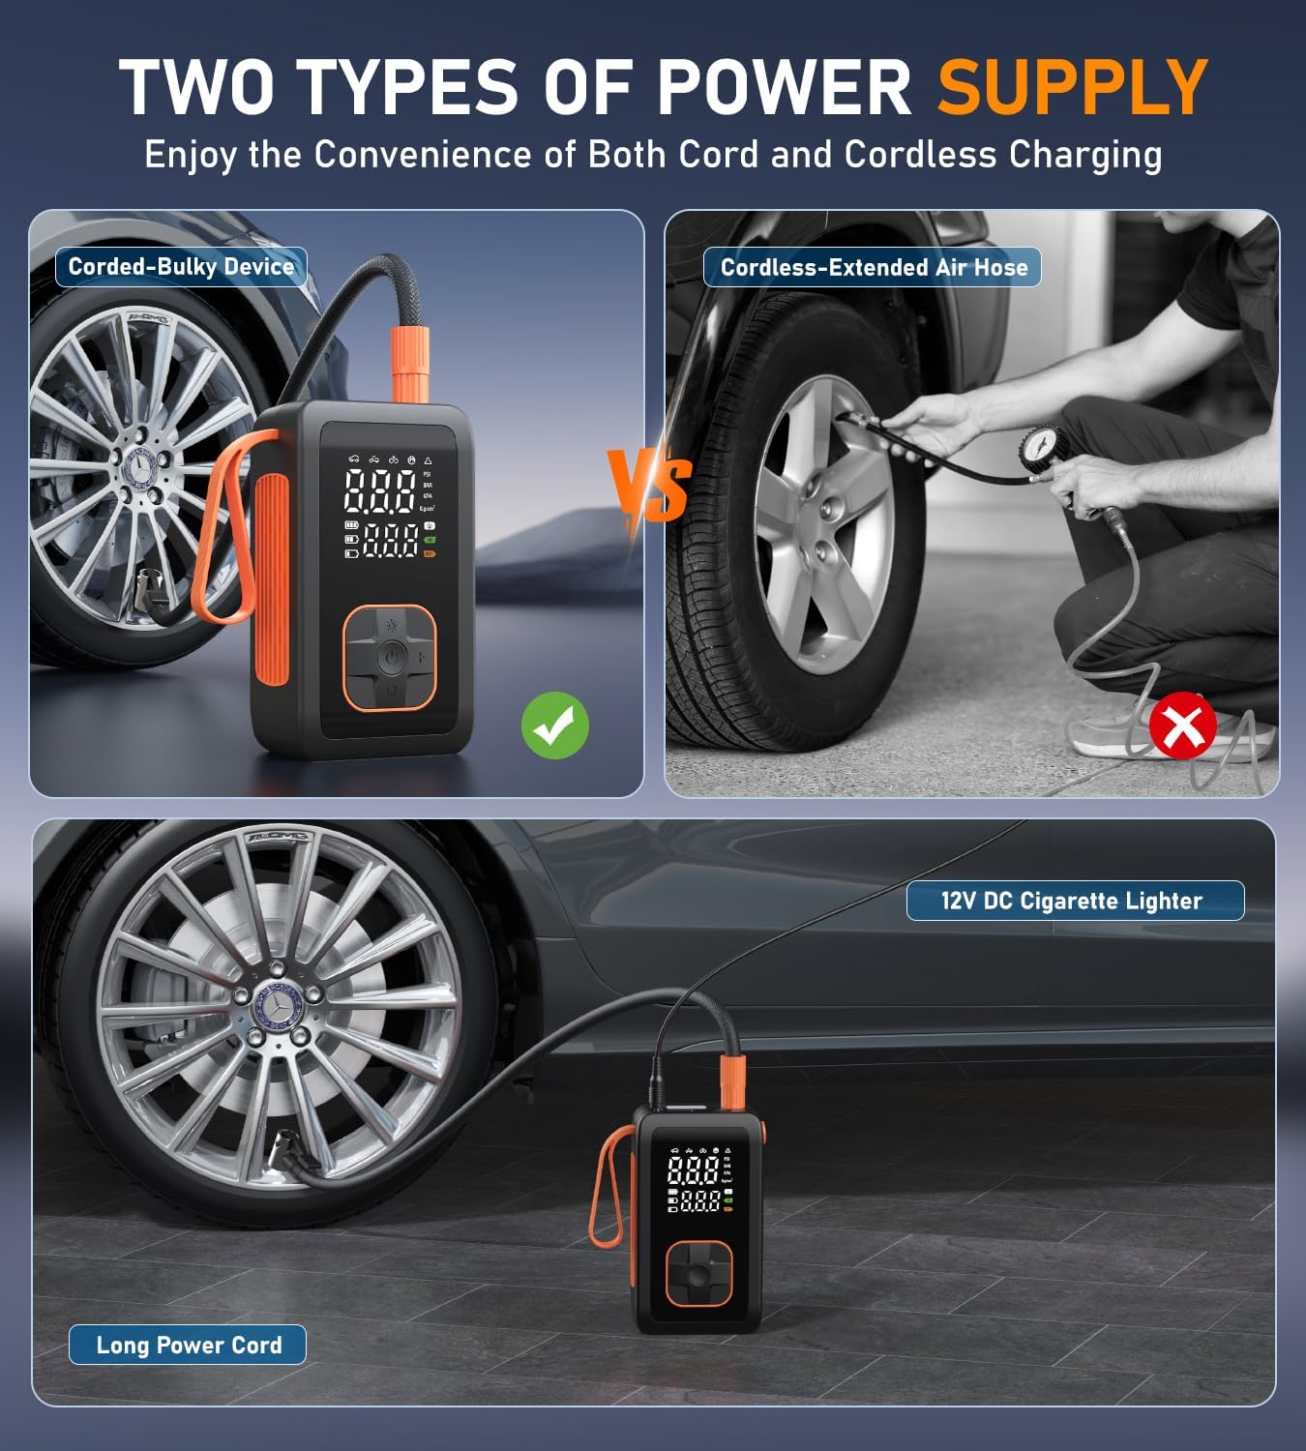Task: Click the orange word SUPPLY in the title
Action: pyautogui.click(x=1072, y=87)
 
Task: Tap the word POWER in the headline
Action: pyautogui.click(x=784, y=87)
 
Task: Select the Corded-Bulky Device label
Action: pyautogui.click(x=181, y=267)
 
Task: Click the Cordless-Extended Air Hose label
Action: pyautogui.click(x=873, y=268)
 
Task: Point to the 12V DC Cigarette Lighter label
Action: pyautogui.click(x=1074, y=901)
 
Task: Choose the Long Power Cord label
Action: pyautogui.click(x=189, y=1345)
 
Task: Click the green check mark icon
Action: pyautogui.click(x=554, y=725)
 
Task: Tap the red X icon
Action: pyautogui.click(x=1182, y=725)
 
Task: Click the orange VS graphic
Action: pyautogui.click(x=650, y=484)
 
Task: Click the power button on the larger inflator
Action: pyautogui.click(x=389, y=657)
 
